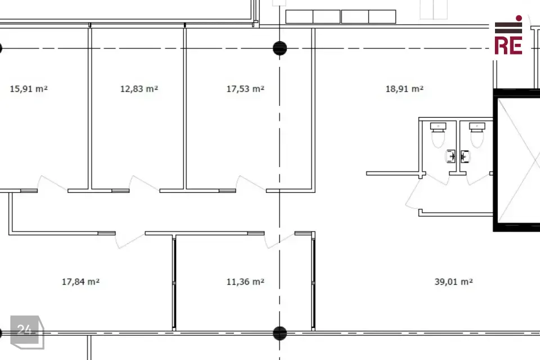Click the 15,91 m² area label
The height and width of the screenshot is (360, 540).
click(29, 89)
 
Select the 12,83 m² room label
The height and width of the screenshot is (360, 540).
click(139, 89)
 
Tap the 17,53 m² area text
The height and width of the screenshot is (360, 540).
click(245, 89)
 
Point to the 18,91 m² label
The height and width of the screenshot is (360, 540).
click(404, 89)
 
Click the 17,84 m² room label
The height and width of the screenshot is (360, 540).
click(80, 282)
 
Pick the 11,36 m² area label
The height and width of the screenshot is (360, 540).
click(245, 282)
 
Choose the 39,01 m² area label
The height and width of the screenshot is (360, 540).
click(453, 282)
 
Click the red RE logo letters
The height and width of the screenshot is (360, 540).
click(508, 46)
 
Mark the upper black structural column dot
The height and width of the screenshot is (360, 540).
click(280, 48)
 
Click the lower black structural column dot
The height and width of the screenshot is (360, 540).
click(280, 334)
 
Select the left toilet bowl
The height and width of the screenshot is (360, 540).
click(438, 135)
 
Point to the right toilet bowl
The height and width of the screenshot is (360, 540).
click(477, 135)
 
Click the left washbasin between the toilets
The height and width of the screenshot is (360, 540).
click(451, 156)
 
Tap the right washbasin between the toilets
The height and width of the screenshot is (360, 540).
click(465, 156)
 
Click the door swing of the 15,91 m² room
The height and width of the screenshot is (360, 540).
click(52, 183)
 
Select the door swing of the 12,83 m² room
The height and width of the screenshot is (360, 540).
click(143, 183)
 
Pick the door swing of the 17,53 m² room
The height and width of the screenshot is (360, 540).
click(250, 183)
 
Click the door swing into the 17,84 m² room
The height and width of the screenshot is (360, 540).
click(130, 241)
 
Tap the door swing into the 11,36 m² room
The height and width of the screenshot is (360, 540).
click(280, 241)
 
